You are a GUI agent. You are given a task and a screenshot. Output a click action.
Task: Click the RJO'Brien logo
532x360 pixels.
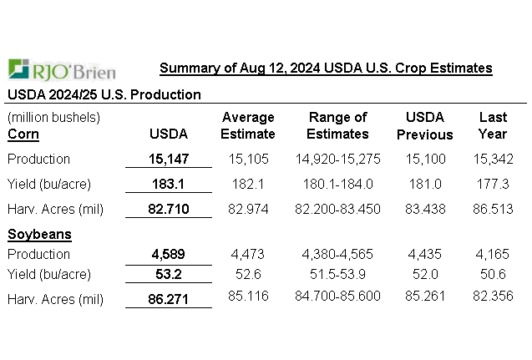pyautogui.click(x=62, y=69)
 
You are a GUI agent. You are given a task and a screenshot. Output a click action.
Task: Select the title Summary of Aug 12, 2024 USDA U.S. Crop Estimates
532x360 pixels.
pyautogui.click(x=326, y=68)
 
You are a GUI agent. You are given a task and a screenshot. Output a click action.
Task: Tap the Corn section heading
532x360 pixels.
pyautogui.click(x=23, y=134)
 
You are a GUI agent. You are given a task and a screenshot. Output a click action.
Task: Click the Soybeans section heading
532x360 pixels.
pyautogui.click(x=39, y=235)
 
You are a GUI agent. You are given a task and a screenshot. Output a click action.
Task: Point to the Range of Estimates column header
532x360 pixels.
pyautogui.click(x=337, y=125)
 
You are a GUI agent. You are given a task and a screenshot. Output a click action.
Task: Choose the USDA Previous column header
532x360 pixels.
pyautogui.click(x=424, y=125)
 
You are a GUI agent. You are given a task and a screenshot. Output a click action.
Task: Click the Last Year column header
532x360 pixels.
pyautogui.click(x=493, y=125)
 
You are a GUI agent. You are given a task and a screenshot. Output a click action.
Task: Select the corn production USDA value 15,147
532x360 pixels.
pyautogui.click(x=168, y=159)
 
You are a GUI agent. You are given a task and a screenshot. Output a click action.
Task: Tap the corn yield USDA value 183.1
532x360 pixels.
pyautogui.click(x=168, y=184)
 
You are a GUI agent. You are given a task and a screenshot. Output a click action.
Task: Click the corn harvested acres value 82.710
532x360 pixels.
pyautogui.click(x=168, y=209)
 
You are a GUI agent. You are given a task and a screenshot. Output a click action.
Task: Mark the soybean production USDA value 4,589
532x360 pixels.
pyautogui.click(x=168, y=254)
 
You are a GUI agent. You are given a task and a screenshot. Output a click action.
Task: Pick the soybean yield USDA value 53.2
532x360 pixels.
pyautogui.click(x=168, y=274)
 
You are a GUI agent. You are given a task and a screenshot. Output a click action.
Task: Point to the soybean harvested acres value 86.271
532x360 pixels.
pyautogui.click(x=168, y=299)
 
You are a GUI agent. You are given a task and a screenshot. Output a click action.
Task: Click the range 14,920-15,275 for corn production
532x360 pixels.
pyautogui.click(x=337, y=159)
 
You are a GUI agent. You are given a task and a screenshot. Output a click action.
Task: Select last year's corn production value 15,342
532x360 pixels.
pyautogui.click(x=492, y=159)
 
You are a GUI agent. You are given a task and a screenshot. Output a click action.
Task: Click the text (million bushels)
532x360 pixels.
pyautogui.click(x=53, y=117)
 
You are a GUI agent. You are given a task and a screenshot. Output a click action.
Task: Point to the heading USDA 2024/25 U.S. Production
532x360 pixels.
pyautogui.click(x=104, y=94)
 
